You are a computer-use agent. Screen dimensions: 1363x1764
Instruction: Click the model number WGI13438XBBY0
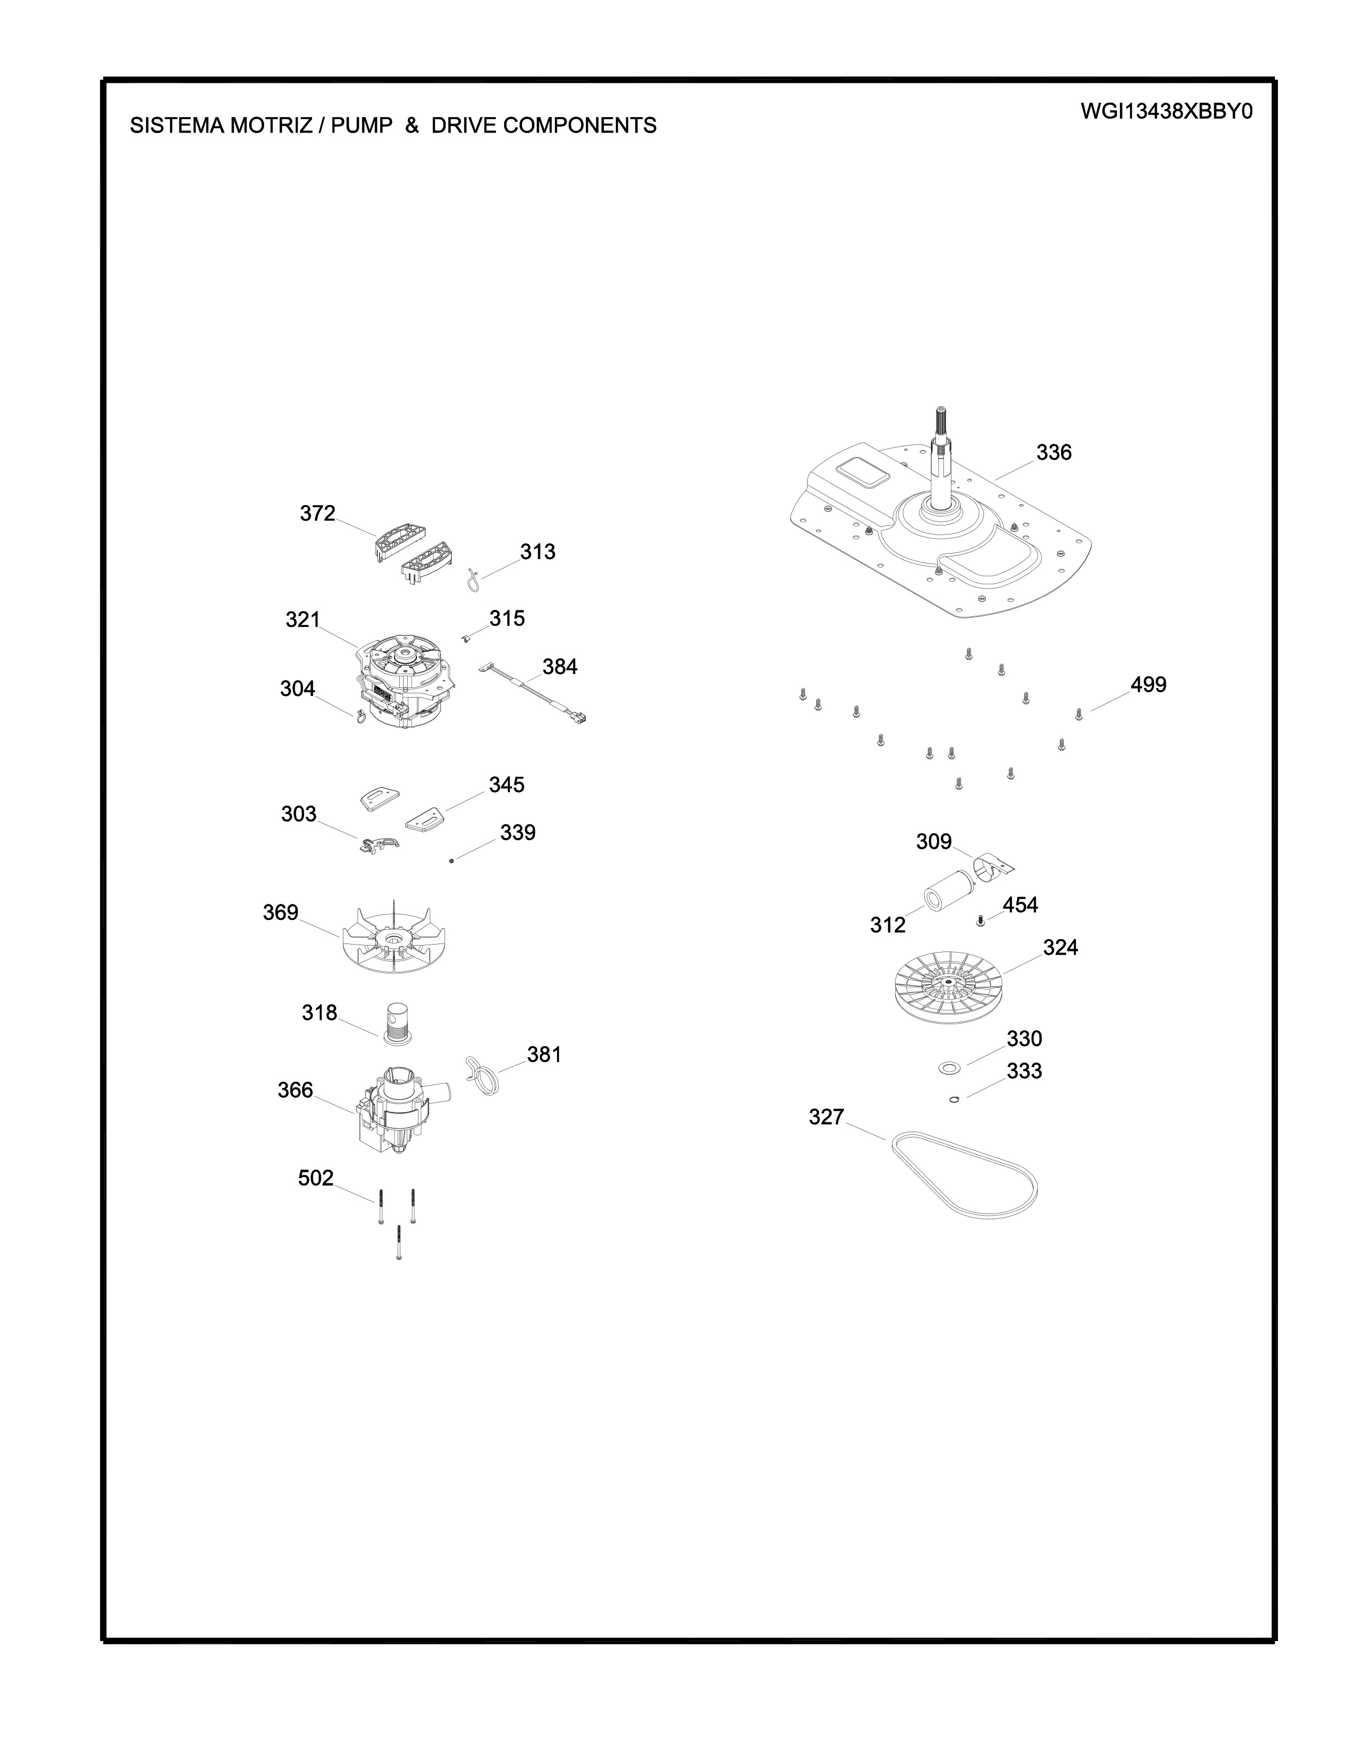click(1167, 112)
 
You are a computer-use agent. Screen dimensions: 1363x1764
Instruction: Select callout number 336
click(1054, 452)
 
